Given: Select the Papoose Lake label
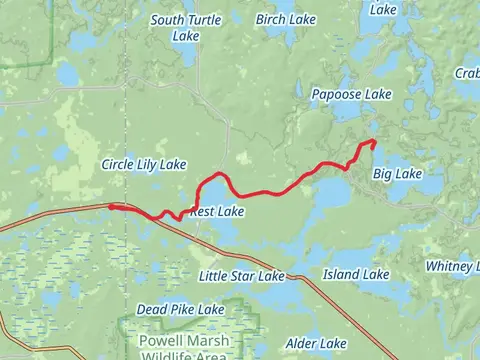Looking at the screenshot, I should point(350,93).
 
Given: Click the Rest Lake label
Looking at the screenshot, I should point(216,212).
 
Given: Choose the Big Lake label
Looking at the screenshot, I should point(397,174).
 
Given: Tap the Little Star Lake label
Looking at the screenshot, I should point(241,275).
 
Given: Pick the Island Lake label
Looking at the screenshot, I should point(356,273).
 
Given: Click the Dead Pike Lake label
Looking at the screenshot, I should point(180,310).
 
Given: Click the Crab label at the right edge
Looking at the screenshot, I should point(467,72).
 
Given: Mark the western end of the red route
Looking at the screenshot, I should point(110,207).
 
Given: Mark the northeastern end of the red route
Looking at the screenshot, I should point(372,142).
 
